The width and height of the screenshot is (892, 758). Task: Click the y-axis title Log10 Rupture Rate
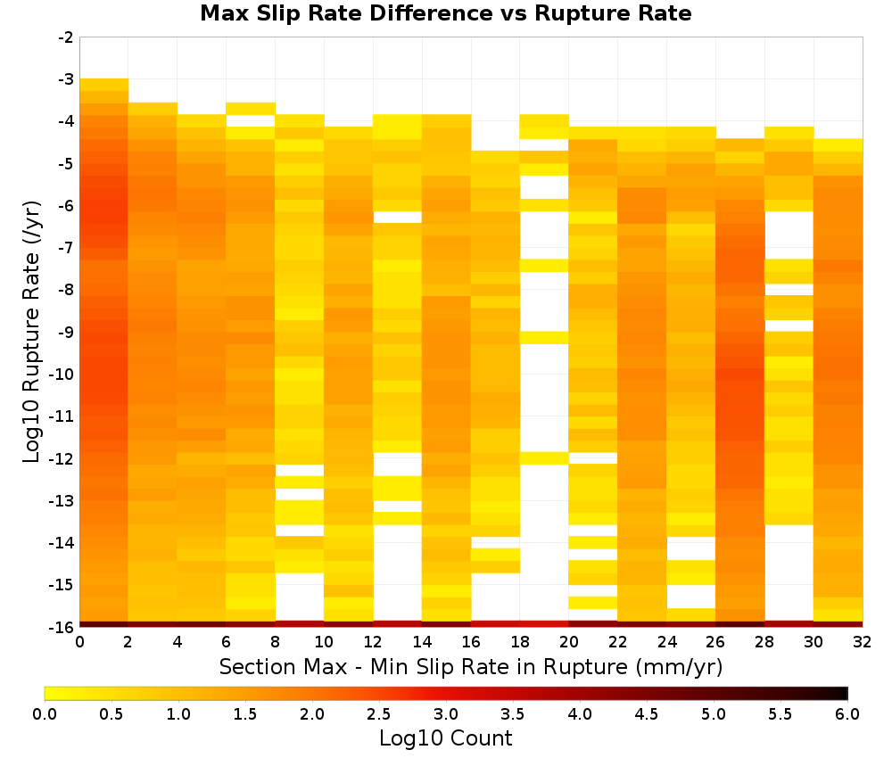[31, 332]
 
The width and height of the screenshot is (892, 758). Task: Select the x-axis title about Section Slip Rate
[470, 666]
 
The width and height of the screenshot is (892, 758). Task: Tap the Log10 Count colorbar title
[445, 738]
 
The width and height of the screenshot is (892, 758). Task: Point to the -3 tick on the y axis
[66, 79]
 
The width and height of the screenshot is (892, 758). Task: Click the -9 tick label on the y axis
[66, 332]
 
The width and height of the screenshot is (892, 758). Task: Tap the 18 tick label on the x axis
[520, 642]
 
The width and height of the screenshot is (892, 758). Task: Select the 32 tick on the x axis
[863, 642]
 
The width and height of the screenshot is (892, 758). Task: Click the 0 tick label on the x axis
[79, 642]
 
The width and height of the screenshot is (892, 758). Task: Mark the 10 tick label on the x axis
[325, 642]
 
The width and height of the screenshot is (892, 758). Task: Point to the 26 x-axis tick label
[715, 642]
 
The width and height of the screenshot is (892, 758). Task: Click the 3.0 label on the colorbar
[446, 713]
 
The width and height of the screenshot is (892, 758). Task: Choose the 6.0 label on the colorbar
[847, 713]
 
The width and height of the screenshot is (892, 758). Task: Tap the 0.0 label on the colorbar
[45, 713]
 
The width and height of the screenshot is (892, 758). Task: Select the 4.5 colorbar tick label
[647, 713]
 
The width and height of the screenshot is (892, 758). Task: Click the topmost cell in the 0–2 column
[104, 85]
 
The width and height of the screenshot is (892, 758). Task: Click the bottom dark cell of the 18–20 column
[544, 624]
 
